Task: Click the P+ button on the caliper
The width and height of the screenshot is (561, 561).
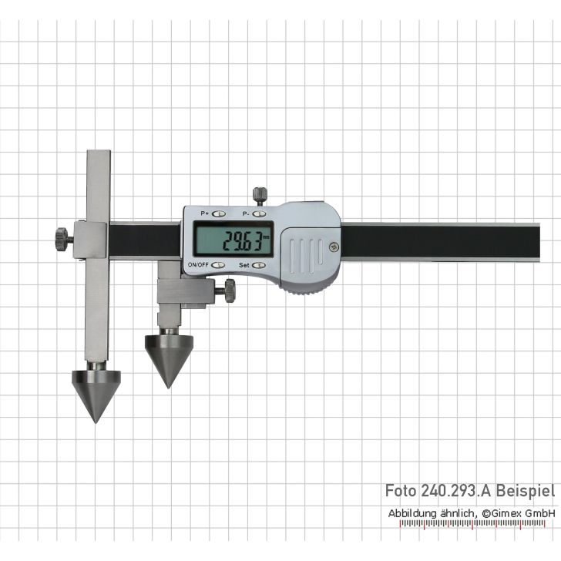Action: coord(219,213)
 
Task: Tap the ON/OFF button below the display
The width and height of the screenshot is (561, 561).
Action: coord(219,265)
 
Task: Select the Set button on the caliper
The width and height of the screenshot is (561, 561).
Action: coord(258,265)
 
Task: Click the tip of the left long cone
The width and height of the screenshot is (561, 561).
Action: coord(96,421)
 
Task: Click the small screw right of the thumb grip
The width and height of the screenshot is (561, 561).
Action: coord(333,247)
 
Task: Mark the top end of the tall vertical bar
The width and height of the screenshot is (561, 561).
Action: coord(99,153)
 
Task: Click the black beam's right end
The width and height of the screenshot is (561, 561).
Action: coord(536,241)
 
